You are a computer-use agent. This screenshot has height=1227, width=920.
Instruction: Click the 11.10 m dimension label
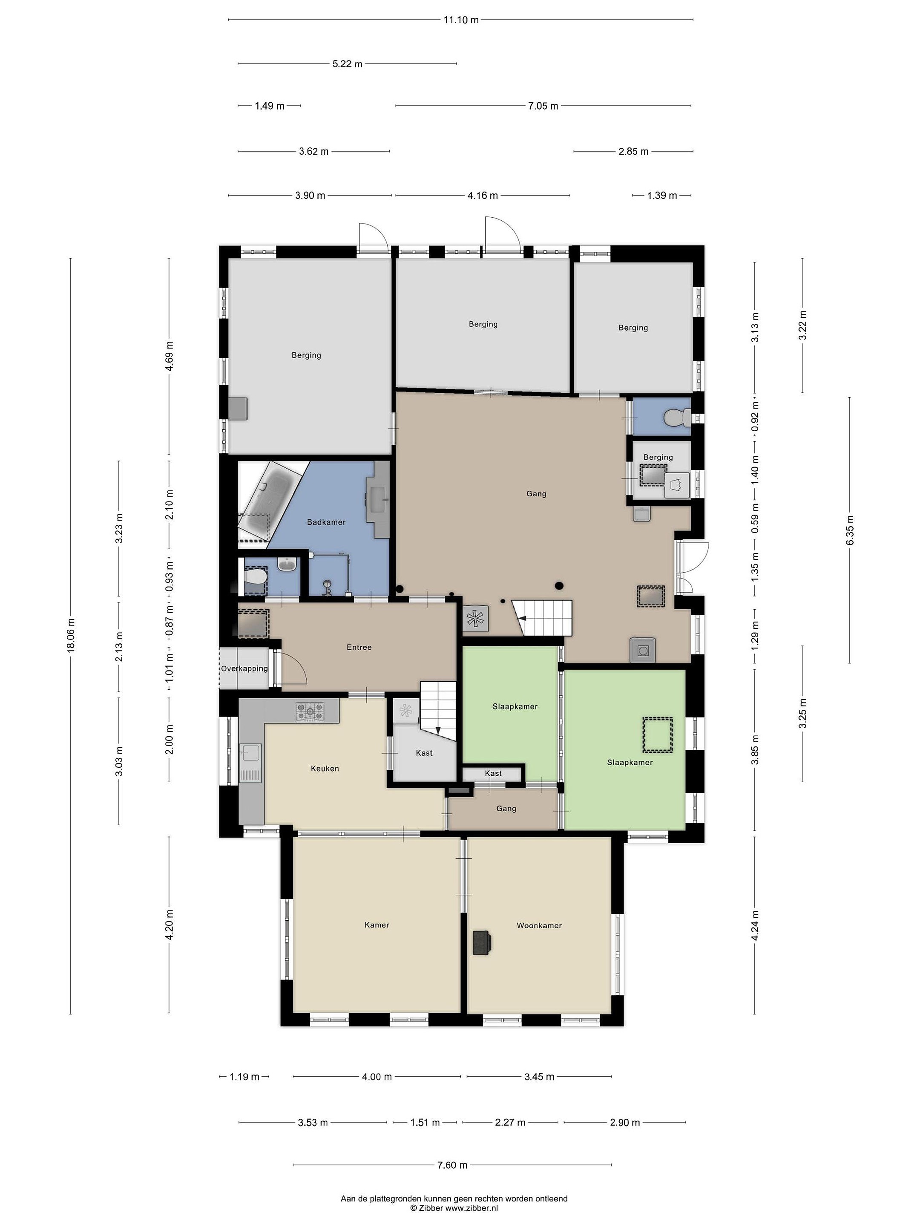pos(460,20)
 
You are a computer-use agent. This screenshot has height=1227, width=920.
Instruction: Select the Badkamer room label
pos(326,522)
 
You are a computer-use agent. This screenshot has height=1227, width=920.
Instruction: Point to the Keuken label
pos(325,768)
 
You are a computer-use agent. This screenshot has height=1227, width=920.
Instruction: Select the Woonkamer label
pos(539,925)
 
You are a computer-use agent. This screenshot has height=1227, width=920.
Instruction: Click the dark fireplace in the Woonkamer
pos(482,942)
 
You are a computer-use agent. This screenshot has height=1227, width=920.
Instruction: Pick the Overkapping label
pos(244,668)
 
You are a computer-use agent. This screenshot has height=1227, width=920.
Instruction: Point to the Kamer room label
pos(377,925)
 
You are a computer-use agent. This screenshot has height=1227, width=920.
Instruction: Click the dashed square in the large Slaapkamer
pos(657,735)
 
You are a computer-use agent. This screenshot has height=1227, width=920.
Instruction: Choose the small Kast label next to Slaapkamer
pos(493,773)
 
